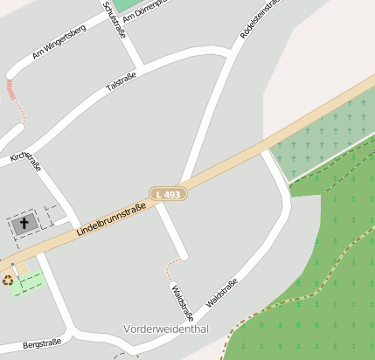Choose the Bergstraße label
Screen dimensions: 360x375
tap(42, 343)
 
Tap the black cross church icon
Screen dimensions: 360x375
tap(24, 224)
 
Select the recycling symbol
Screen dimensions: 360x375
tap(8, 280)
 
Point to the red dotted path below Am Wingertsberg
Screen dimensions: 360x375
tap(15, 100)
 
